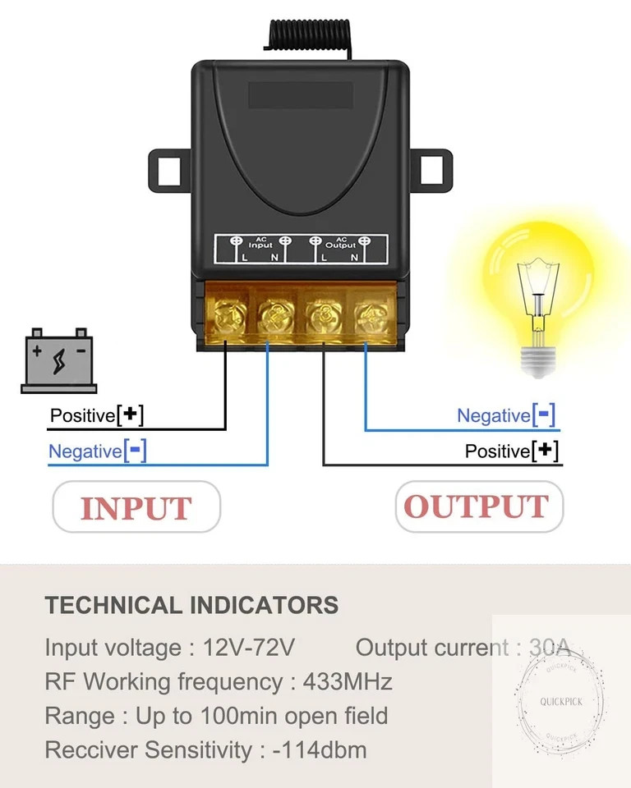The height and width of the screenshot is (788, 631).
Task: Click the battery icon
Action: [59, 360]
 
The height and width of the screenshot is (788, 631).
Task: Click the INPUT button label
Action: [136, 507]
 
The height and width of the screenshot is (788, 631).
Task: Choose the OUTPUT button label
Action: [479, 506]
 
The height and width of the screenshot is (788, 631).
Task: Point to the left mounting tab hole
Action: [169, 171]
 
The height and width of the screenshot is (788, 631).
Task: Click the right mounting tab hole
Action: [431, 169]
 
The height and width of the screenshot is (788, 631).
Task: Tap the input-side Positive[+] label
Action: [97, 415]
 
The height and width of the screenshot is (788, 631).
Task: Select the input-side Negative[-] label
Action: [98, 451]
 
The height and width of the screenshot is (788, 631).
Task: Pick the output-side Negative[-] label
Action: [506, 415]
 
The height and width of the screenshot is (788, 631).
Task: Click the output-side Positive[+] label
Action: [512, 451]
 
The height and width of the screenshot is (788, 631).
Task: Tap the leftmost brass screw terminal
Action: [228, 317]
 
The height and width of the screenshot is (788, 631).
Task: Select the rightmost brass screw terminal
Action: [372, 317]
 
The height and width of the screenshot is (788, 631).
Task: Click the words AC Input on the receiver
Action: [260, 243]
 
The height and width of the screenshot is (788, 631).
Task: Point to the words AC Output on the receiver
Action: [341, 243]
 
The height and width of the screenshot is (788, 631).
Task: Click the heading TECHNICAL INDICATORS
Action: [191, 605]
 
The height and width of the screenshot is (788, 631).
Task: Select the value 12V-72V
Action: [249, 648]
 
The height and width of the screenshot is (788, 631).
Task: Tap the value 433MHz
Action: [348, 682]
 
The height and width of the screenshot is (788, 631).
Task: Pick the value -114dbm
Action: [320, 750]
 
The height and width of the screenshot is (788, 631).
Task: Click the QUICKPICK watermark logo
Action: [561, 702]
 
